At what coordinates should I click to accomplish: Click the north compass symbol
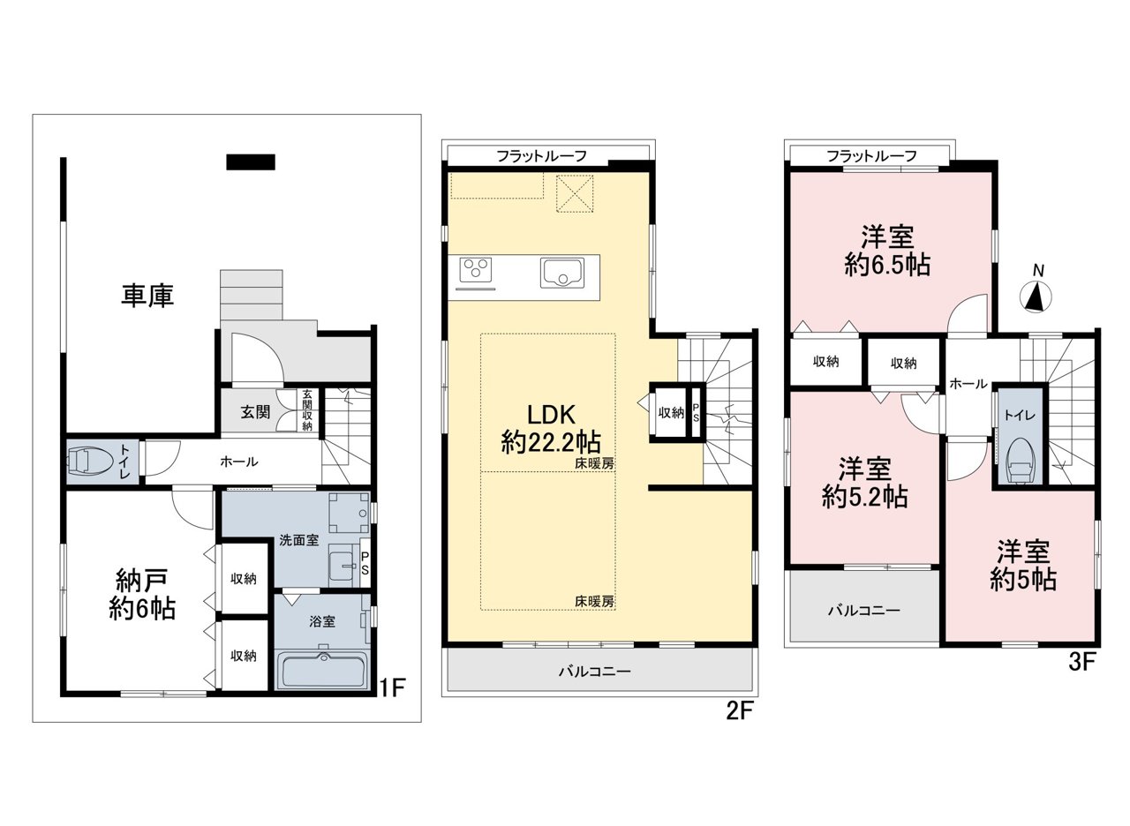[x=1036, y=298]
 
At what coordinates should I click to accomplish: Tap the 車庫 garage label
[x=147, y=296]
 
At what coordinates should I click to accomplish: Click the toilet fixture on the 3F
[x=1019, y=461]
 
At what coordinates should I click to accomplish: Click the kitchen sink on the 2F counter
[x=562, y=273]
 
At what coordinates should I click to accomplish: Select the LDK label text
[x=551, y=415]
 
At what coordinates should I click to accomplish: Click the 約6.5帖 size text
[x=887, y=264]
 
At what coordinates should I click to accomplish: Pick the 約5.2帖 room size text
[x=864, y=497]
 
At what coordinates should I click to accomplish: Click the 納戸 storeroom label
[x=142, y=581]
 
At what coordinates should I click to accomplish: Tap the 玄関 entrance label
[x=256, y=412]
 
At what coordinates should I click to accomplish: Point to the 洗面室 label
[x=299, y=540]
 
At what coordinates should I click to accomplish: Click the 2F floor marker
[x=740, y=711]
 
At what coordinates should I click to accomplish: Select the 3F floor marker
[x=1081, y=662]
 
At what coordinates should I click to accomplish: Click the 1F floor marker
[x=393, y=687]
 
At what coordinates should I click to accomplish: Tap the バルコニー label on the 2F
[x=594, y=672]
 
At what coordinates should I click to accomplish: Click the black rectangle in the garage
[x=251, y=161]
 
